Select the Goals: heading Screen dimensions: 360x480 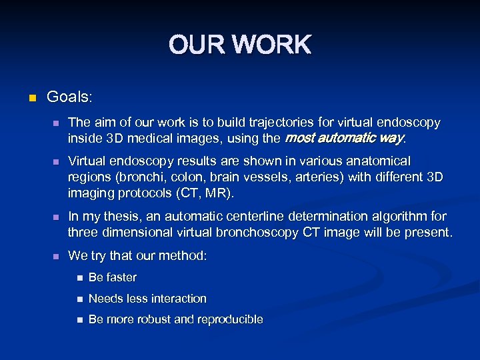(x=69, y=97)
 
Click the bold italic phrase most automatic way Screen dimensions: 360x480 (x=344, y=139)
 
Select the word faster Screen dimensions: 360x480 (x=121, y=277)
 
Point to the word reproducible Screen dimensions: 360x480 (x=231, y=320)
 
